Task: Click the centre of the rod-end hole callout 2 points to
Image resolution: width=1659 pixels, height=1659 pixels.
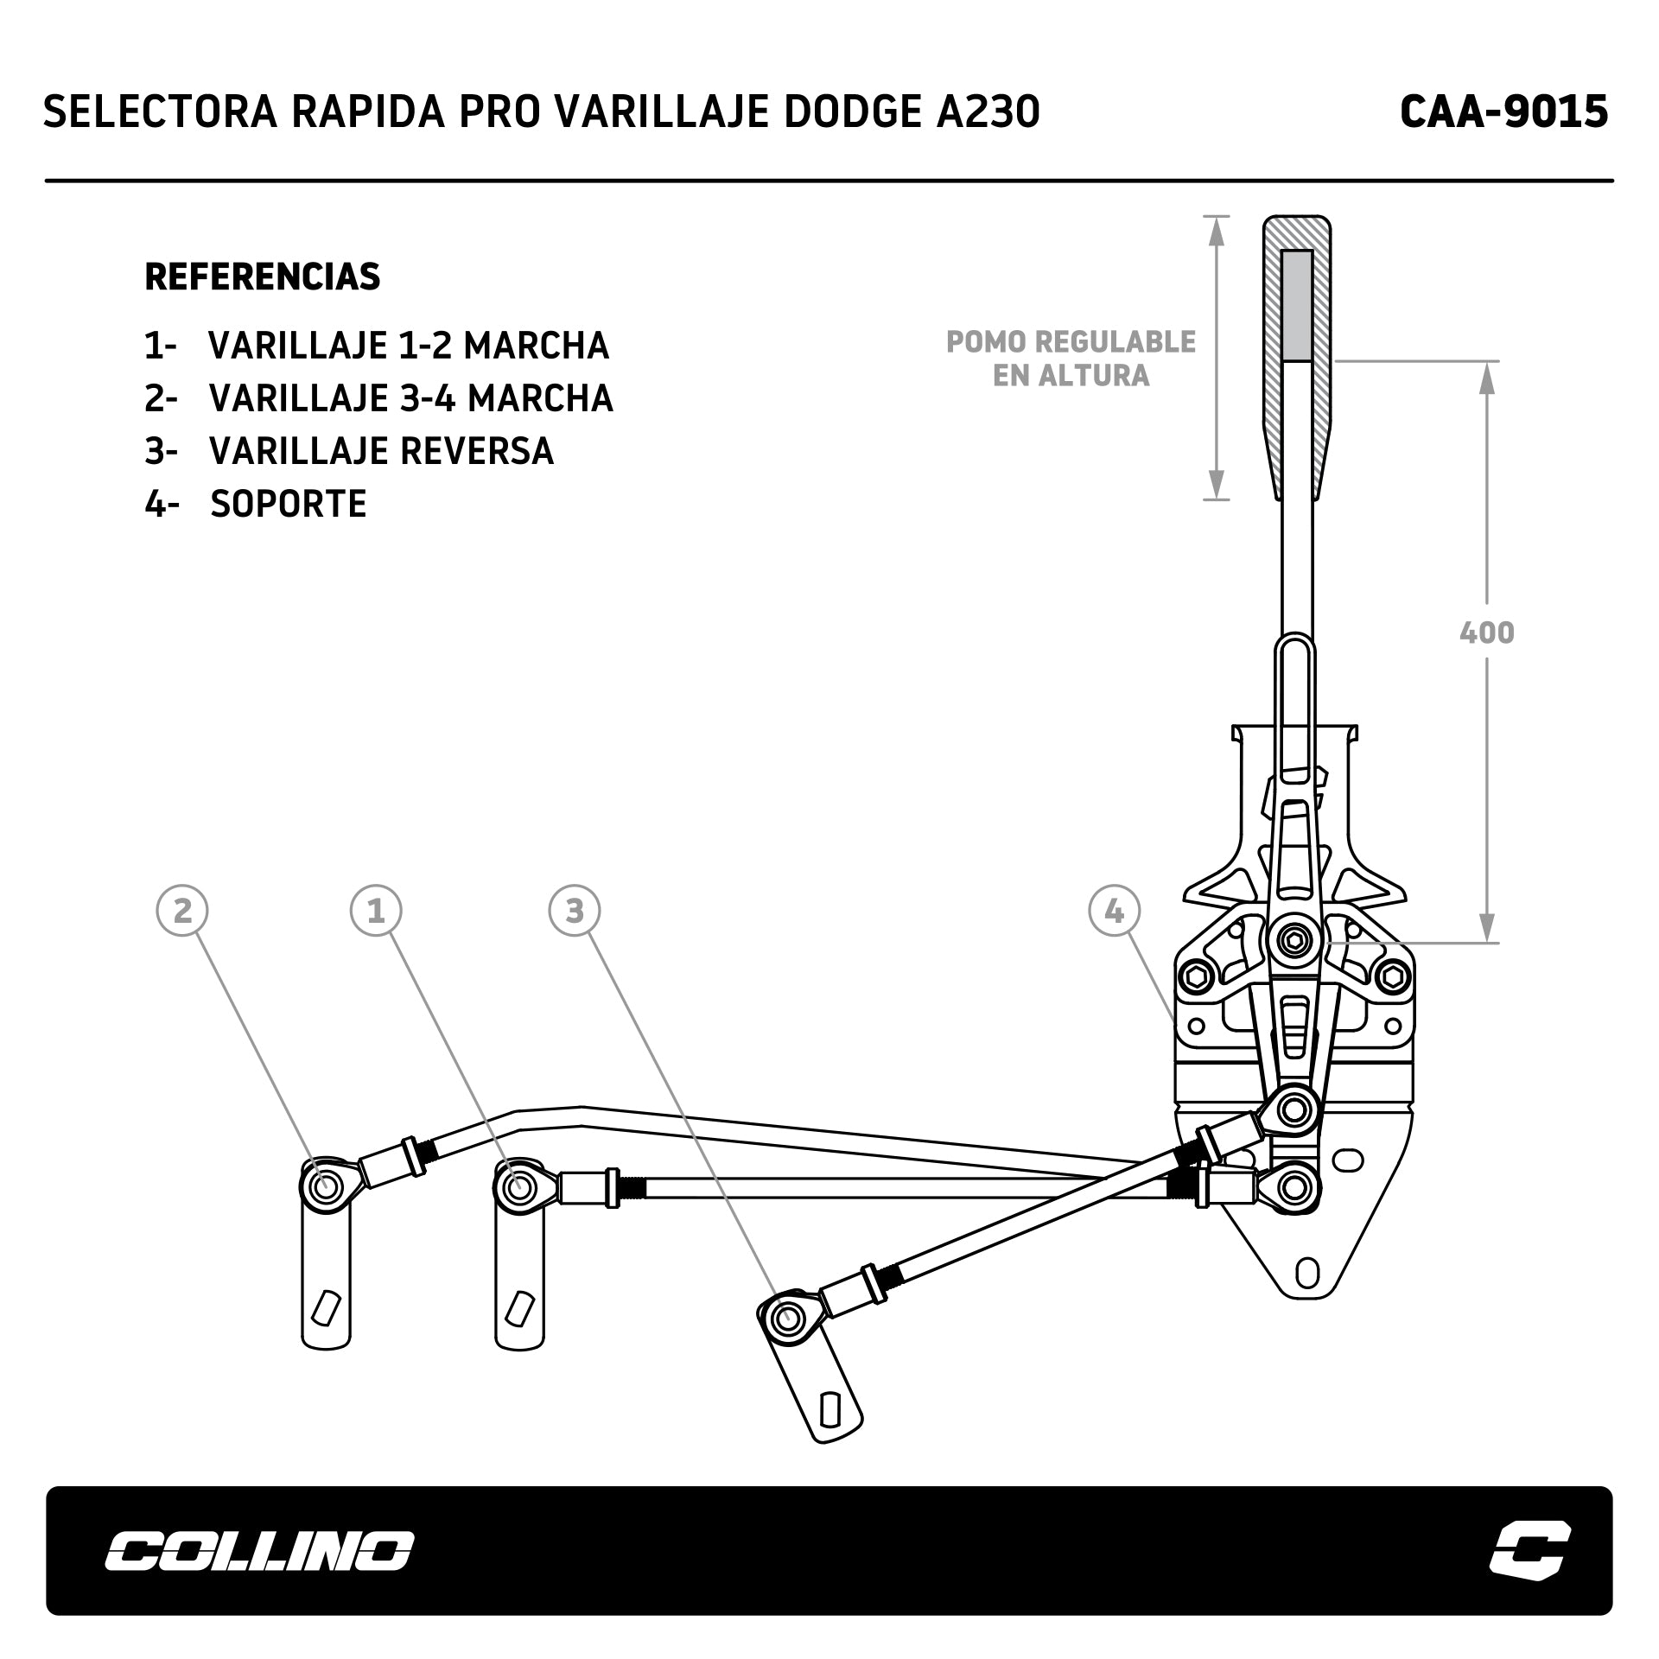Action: pyautogui.click(x=327, y=1186)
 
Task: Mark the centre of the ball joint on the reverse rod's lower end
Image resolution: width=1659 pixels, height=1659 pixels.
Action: pyautogui.click(x=787, y=1319)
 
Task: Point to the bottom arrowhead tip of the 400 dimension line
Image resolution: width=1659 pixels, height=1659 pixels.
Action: pyautogui.click(x=1487, y=942)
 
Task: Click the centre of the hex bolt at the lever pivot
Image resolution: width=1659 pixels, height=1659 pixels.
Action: pyautogui.click(x=1294, y=940)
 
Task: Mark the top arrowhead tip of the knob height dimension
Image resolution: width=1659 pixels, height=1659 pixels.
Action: pyautogui.click(x=1217, y=216)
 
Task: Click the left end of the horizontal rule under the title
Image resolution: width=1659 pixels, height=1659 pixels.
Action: pyautogui.click(x=46, y=181)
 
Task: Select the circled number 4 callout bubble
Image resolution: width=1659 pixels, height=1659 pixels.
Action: pyautogui.click(x=1115, y=911)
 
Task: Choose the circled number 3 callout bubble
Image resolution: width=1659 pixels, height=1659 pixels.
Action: pyautogui.click(x=575, y=911)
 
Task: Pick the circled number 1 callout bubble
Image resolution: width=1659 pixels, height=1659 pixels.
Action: pyautogui.click(x=376, y=911)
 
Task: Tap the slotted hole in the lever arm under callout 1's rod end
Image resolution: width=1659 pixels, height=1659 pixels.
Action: pyautogui.click(x=520, y=1308)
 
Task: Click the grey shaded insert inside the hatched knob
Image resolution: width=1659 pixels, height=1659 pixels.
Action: pyautogui.click(x=1297, y=305)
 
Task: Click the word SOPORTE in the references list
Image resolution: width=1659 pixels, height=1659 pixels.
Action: pyautogui.click(x=289, y=504)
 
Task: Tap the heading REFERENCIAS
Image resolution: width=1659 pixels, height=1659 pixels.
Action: pyautogui.click(x=263, y=277)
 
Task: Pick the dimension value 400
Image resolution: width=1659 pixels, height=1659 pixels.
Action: pyautogui.click(x=1487, y=633)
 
